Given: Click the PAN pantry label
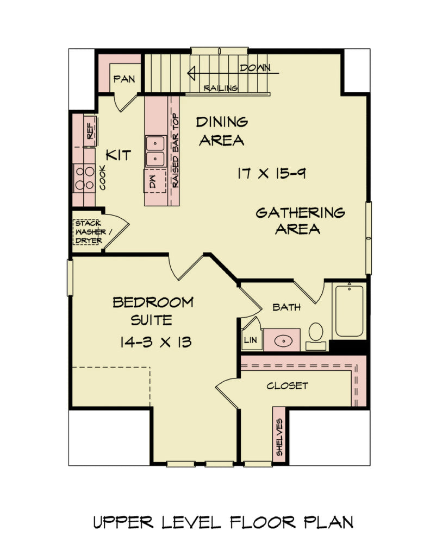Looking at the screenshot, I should pos(123,79).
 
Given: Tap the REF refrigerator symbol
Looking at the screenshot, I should pos(90,130).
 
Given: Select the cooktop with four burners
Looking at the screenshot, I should pos(84,178).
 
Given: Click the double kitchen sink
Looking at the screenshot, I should pos(156,151).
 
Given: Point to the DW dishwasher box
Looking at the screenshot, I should pos(152,181).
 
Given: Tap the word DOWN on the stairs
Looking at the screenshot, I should pos(255,68).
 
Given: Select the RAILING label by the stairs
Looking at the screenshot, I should pos(220,88).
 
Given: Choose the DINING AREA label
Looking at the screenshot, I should pos(221,131).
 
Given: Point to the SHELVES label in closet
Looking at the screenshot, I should pos(279,437).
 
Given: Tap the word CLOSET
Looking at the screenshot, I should pos(287,386).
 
